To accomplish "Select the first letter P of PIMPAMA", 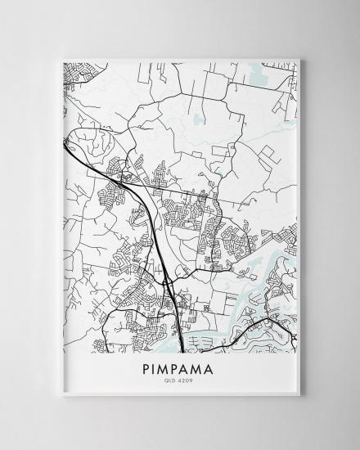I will coord(150,370).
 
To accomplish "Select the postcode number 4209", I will coord(187,381).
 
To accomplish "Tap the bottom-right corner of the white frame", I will coord(301,396).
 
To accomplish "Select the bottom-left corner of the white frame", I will coord(60,396).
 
